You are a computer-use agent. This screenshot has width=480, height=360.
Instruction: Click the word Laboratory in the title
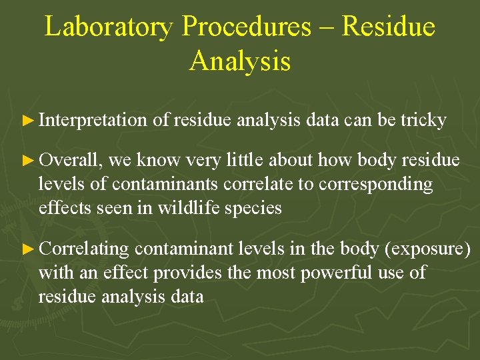109,27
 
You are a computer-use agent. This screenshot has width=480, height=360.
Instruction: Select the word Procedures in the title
246,27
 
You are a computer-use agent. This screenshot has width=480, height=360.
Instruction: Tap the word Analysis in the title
240,61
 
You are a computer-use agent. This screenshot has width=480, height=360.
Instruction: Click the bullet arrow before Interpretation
27,121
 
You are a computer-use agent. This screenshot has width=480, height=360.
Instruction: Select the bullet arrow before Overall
27,161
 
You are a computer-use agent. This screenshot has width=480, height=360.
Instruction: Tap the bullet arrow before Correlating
27,249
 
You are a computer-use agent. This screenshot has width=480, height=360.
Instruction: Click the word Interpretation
93,121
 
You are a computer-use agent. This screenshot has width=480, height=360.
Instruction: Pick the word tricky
423,121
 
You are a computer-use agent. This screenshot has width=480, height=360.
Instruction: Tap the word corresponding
376,185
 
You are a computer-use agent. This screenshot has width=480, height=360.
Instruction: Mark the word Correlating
83,249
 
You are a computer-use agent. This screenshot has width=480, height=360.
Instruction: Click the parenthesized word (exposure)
427,249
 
